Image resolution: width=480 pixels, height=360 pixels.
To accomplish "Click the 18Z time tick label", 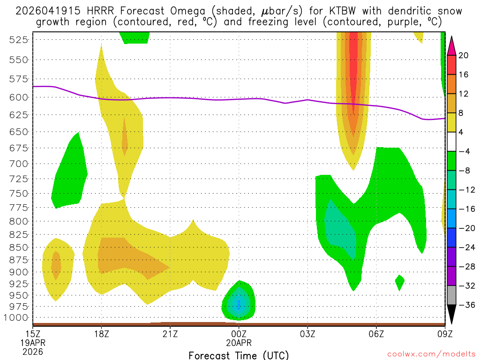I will (102, 334).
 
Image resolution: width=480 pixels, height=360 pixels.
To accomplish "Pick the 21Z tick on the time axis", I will (170, 334).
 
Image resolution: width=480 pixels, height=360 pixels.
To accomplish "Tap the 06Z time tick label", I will (376, 334).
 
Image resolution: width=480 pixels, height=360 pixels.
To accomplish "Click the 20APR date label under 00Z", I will (239, 343).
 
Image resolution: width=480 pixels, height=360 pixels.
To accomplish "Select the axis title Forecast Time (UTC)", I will (239, 354).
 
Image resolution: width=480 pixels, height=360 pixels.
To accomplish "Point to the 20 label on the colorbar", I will (464, 55).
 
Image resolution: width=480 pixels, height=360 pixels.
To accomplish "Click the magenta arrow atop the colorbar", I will (451, 45).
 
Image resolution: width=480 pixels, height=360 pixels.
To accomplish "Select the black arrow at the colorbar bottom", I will (451, 315).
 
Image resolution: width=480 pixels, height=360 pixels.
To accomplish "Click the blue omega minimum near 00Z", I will (239, 305).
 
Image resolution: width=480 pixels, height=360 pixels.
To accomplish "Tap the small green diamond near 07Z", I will (399, 282).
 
